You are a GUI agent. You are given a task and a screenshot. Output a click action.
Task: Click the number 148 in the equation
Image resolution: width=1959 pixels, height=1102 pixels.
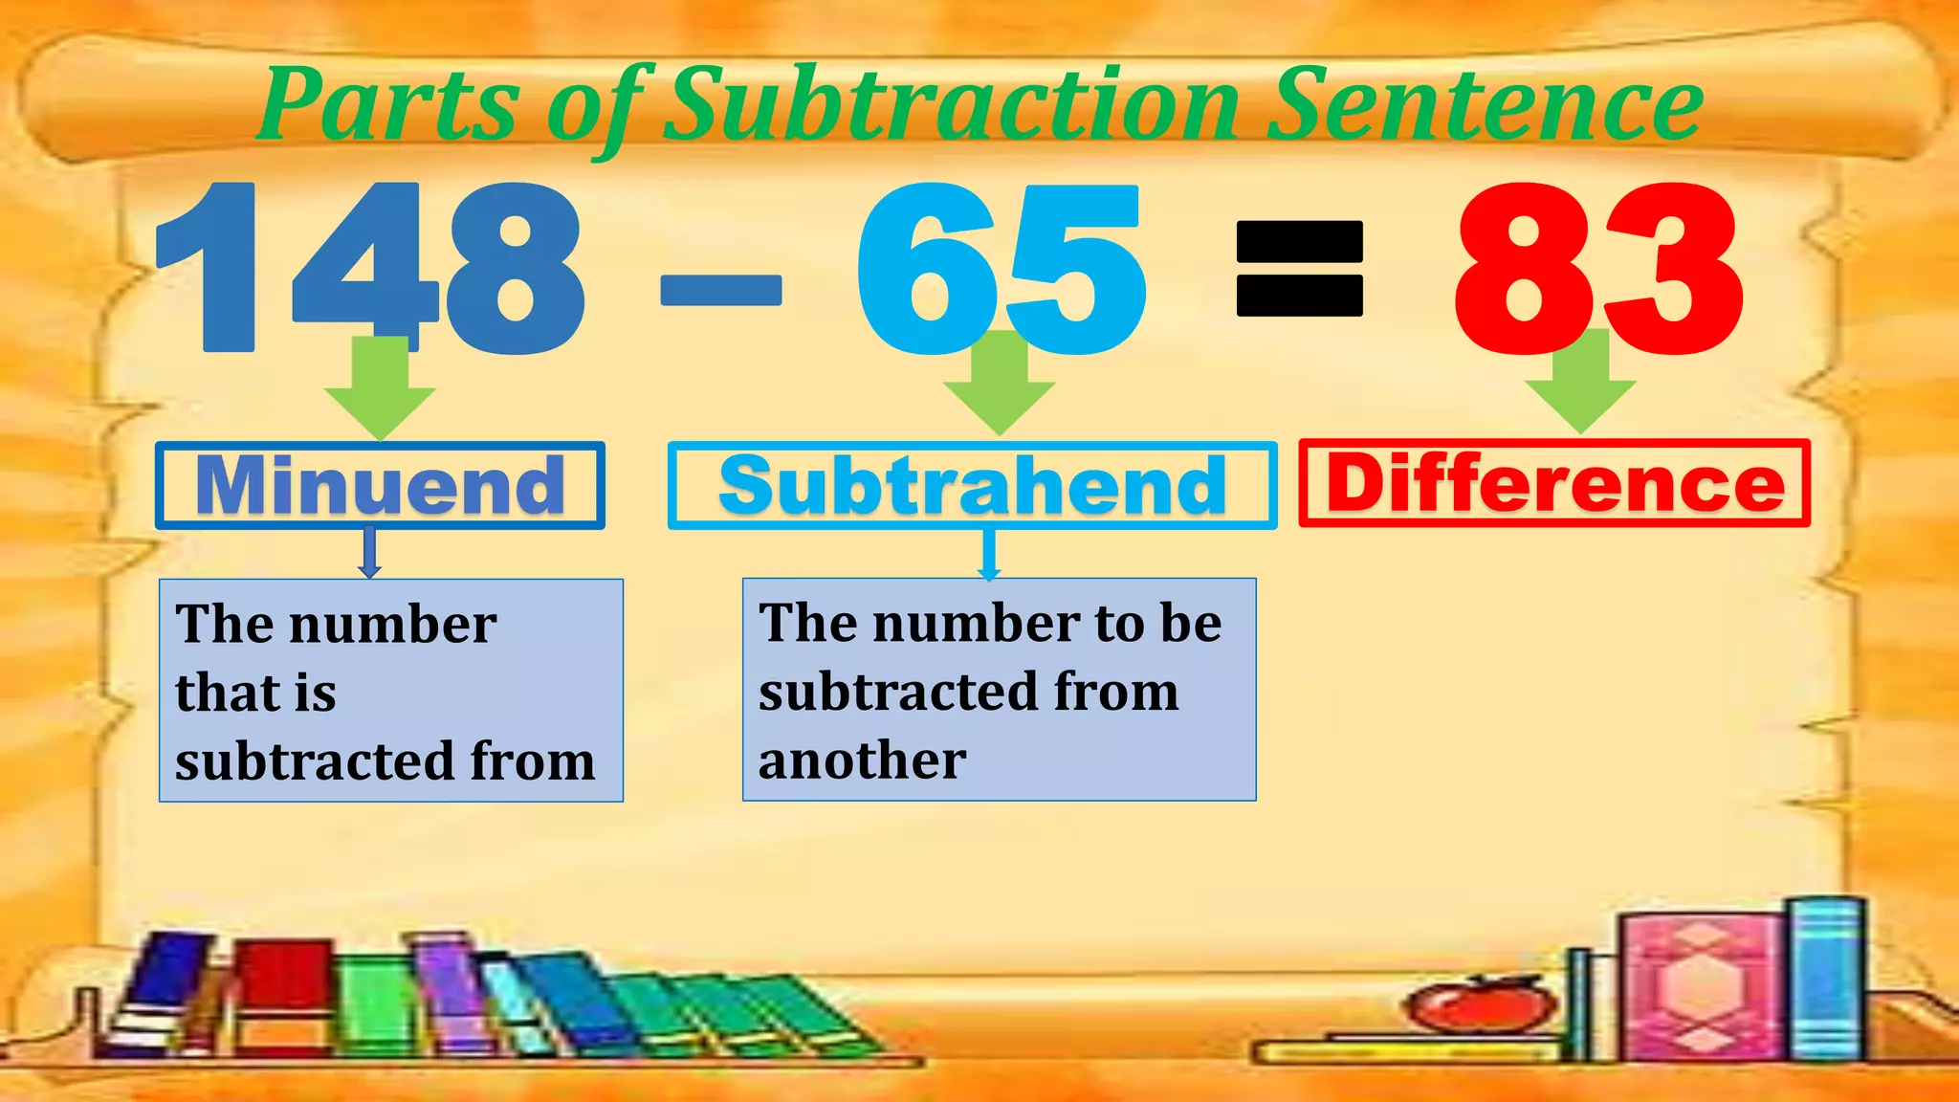pyautogui.click(x=368, y=268)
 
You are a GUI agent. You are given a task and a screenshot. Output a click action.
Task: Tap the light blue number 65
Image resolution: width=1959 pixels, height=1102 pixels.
pyautogui.click(x=1000, y=268)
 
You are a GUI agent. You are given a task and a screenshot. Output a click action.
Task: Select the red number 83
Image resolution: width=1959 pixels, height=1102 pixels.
pyautogui.click(x=1597, y=268)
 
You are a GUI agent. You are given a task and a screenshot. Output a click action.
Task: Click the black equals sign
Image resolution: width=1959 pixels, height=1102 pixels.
pyautogui.click(x=1299, y=269)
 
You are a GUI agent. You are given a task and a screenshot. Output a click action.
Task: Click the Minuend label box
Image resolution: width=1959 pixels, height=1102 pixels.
pyautogui.click(x=380, y=485)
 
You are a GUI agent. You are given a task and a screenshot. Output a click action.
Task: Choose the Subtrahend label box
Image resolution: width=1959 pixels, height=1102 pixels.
pyautogui.click(x=972, y=485)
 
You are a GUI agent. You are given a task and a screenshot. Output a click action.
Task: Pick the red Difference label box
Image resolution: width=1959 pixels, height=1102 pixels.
pyautogui.click(x=1554, y=483)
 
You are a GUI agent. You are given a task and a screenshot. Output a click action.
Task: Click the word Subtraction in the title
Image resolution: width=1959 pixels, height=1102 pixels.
pyautogui.click(x=952, y=105)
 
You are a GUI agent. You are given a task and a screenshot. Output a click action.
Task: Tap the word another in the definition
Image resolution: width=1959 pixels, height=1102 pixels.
pyautogui.click(x=862, y=761)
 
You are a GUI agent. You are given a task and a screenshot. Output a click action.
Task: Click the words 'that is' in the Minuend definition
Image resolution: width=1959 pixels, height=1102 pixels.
pyautogui.click(x=255, y=693)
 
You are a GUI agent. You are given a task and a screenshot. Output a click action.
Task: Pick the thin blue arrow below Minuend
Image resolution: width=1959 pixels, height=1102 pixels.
pyautogui.click(x=370, y=553)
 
